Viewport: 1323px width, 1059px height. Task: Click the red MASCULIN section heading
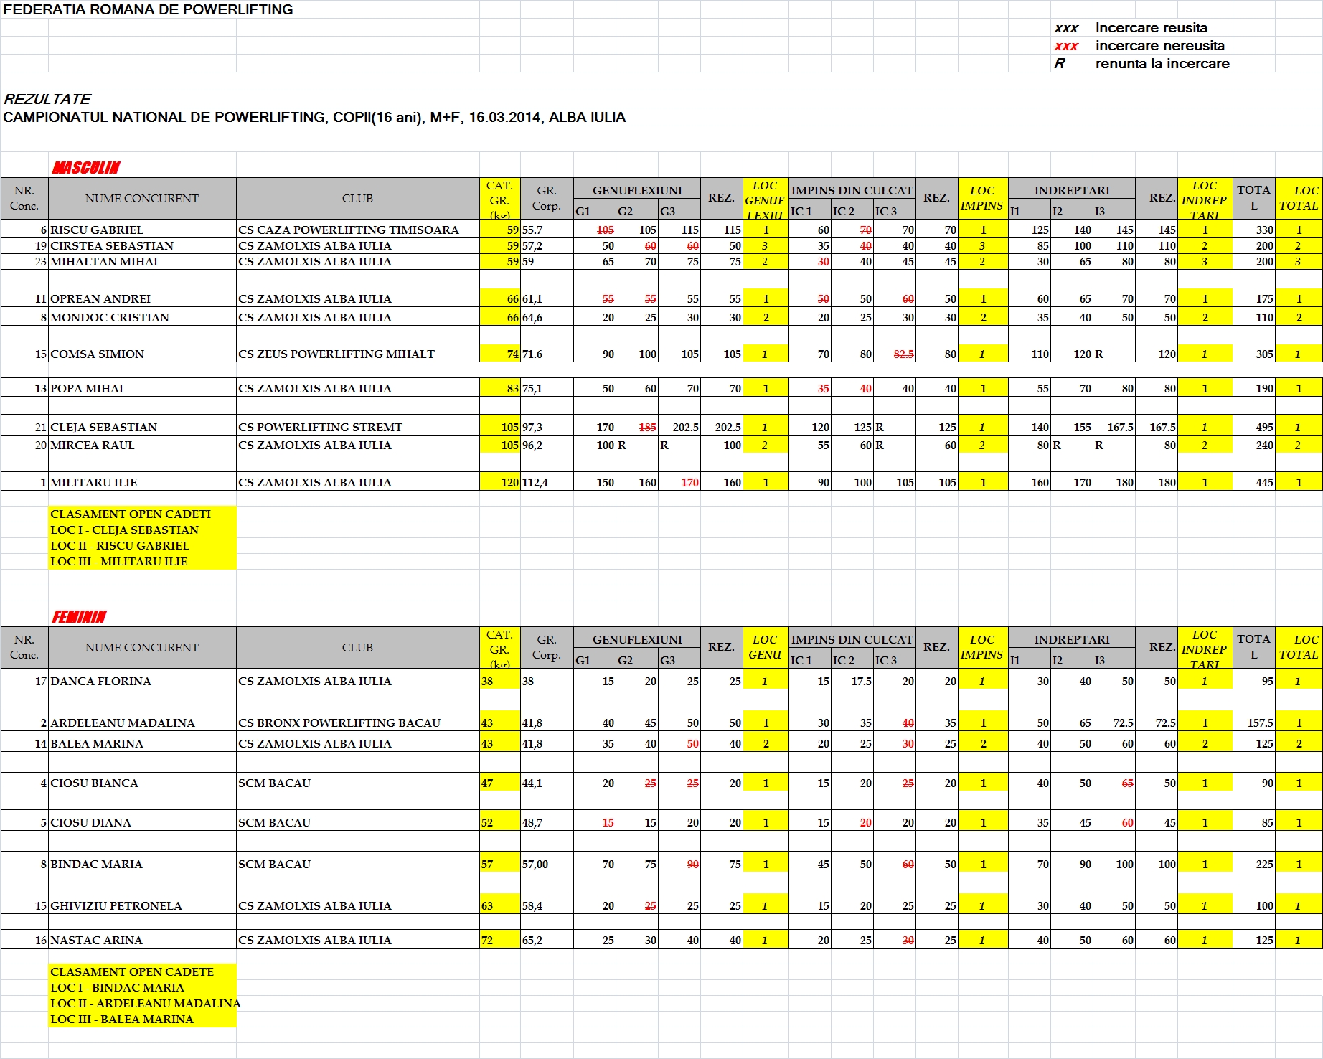click(86, 168)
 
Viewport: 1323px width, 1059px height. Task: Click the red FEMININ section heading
click(79, 617)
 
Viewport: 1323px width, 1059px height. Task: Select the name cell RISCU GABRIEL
click(97, 230)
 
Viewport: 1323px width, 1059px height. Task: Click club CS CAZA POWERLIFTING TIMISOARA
click(348, 230)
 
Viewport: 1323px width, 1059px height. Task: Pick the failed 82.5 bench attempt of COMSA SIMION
click(903, 354)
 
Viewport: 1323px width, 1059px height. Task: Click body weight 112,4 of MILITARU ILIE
click(535, 483)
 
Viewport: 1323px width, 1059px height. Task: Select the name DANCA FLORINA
click(100, 682)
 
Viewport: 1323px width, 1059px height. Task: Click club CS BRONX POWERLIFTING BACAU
click(339, 723)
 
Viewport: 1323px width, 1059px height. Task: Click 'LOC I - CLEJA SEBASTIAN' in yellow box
click(124, 530)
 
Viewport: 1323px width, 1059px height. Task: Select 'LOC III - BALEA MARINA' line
click(122, 1020)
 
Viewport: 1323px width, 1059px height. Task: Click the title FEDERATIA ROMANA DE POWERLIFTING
click(148, 10)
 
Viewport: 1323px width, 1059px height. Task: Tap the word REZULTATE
click(47, 99)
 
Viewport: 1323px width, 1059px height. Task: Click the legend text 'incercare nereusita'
click(1159, 46)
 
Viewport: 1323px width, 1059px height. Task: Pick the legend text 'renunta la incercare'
click(1162, 64)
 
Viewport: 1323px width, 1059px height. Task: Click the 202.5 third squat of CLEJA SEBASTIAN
click(685, 428)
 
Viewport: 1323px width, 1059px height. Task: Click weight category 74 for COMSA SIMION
click(512, 354)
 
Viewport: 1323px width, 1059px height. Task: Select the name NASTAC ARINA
click(96, 941)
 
